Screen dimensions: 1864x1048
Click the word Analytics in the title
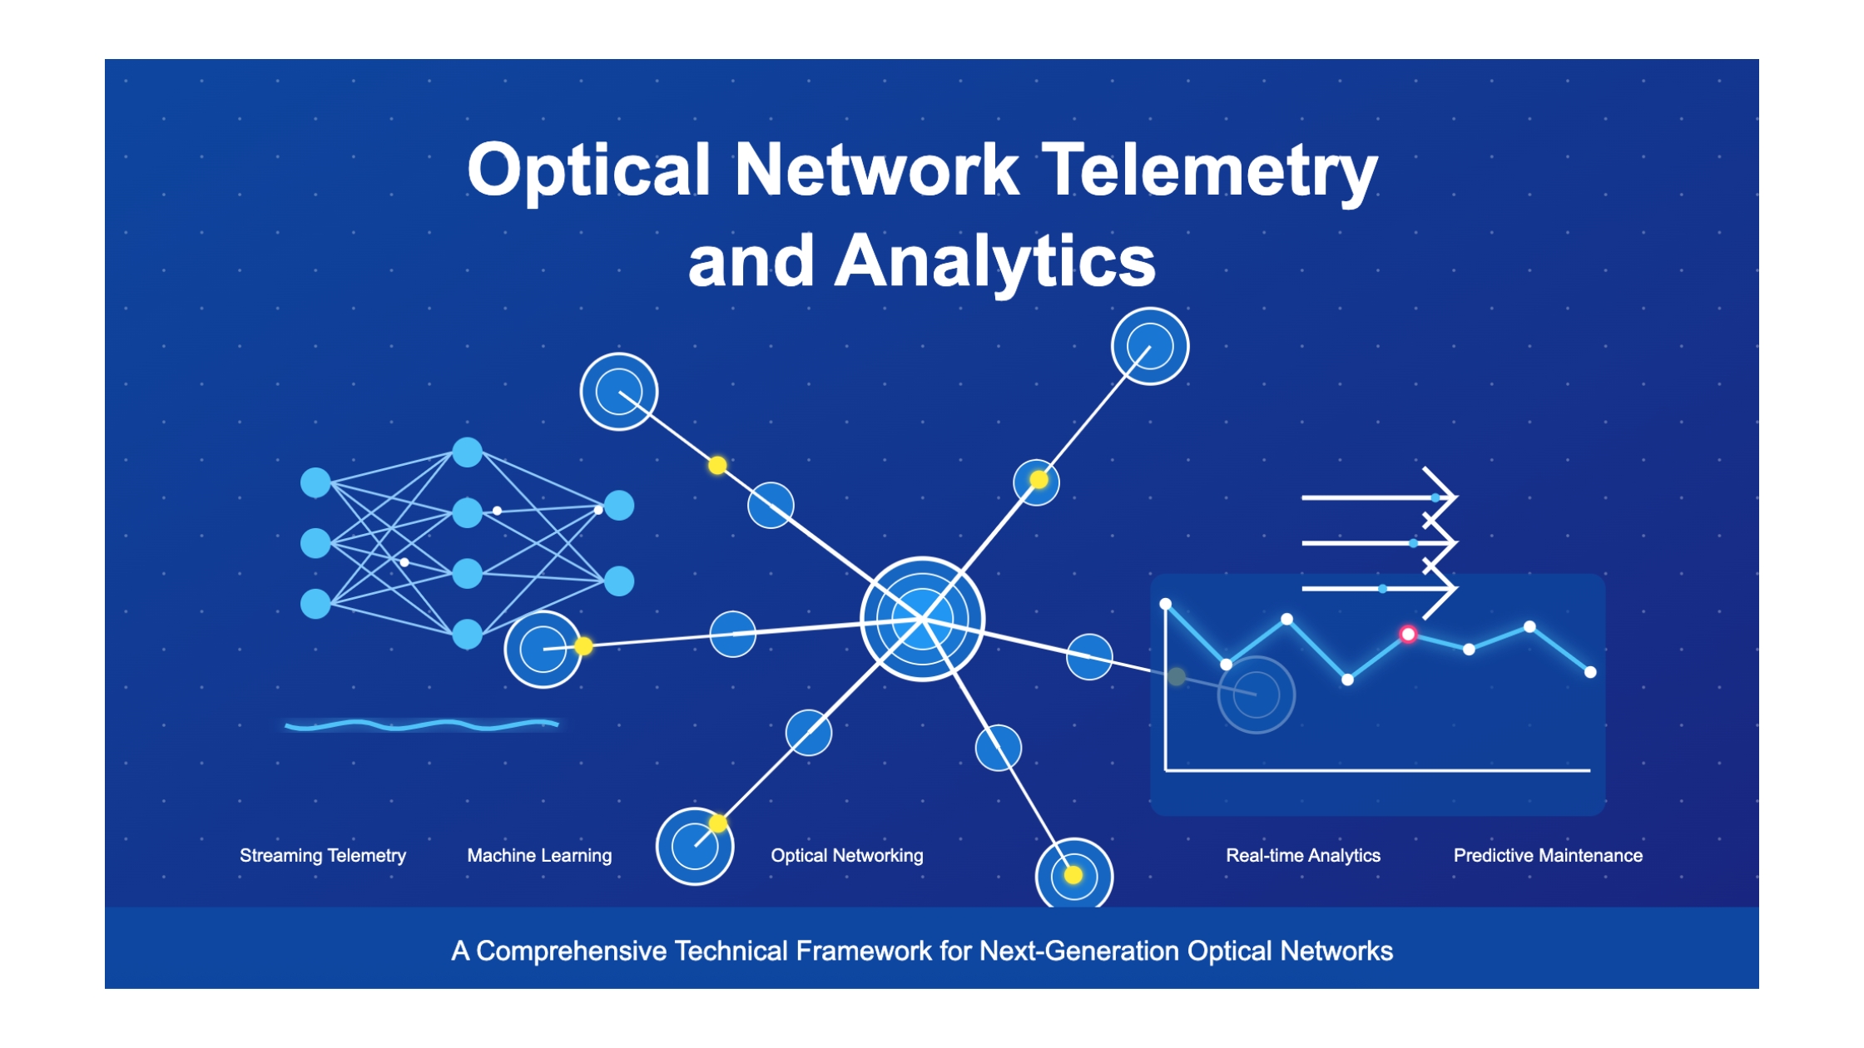(x=995, y=261)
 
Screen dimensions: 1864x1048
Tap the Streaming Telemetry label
(x=323, y=855)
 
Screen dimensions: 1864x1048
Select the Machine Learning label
(x=539, y=855)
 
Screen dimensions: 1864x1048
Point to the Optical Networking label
(x=847, y=855)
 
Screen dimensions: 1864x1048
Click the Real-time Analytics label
(x=1303, y=855)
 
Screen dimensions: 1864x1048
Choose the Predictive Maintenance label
(x=1548, y=855)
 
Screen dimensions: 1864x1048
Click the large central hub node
(x=922, y=619)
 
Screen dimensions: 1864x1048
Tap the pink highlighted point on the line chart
(x=1408, y=635)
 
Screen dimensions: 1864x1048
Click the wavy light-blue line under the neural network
(x=421, y=725)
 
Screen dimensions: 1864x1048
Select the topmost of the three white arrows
(x=1379, y=497)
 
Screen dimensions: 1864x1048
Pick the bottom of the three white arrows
(x=1379, y=589)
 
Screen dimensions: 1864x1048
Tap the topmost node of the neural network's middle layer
(x=468, y=452)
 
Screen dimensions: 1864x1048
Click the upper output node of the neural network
(x=619, y=506)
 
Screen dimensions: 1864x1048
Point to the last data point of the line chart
(x=1590, y=672)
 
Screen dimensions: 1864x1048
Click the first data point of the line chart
(x=1166, y=604)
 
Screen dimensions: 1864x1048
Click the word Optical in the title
(x=588, y=170)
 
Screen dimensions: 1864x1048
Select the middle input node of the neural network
(x=315, y=543)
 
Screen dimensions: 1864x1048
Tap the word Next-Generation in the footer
(x=1079, y=951)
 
